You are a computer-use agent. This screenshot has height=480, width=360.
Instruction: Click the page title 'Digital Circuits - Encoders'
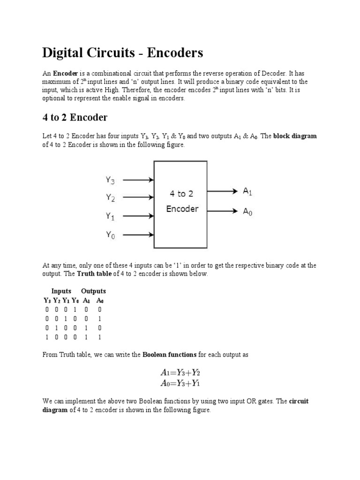click(123, 53)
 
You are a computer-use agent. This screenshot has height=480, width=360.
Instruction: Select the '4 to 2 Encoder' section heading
click(75, 117)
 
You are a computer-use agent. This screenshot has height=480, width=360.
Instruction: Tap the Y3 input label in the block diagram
click(110, 180)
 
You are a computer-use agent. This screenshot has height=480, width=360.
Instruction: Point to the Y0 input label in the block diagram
click(110, 235)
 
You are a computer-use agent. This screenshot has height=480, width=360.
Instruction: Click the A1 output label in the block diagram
click(247, 191)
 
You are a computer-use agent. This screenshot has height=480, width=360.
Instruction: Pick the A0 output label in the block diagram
click(247, 211)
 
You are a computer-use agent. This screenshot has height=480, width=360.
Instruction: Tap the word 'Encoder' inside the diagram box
click(182, 209)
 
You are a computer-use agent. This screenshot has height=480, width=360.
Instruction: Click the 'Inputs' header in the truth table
click(61, 291)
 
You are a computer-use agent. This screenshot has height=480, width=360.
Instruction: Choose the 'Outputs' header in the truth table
click(93, 291)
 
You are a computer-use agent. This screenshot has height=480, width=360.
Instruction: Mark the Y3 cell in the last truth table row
click(46, 337)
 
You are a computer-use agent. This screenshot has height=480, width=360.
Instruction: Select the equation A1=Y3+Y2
click(180, 373)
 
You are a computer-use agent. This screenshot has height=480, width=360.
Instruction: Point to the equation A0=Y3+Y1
click(180, 383)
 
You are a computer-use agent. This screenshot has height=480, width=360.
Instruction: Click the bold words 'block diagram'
click(295, 136)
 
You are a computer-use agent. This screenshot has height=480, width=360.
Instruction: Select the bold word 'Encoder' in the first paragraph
click(65, 74)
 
